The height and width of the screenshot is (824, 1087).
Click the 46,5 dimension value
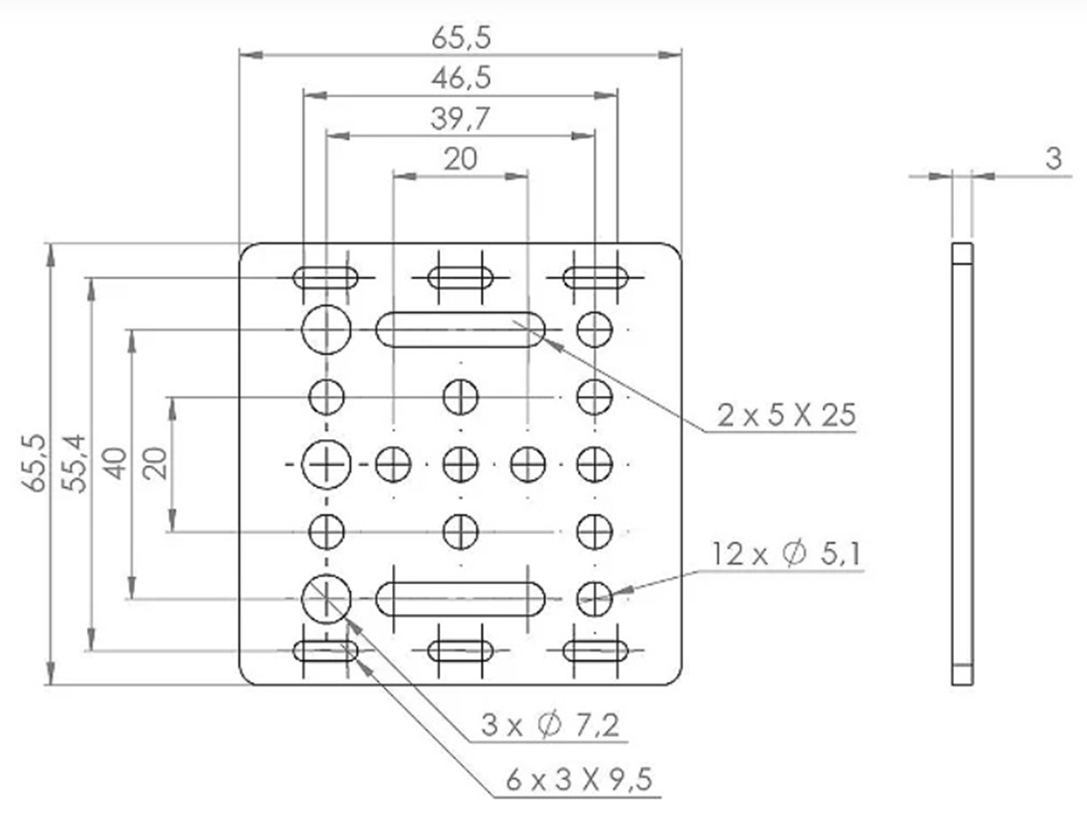click(460, 78)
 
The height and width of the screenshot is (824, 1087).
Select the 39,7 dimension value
click(460, 118)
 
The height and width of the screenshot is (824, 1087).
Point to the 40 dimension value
click(116, 463)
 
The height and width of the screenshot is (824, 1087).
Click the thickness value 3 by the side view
click(1053, 158)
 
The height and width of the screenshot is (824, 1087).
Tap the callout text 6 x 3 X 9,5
click(580, 781)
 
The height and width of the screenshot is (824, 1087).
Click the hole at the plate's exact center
click(460, 464)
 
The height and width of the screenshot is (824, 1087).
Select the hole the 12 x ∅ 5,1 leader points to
click(594, 598)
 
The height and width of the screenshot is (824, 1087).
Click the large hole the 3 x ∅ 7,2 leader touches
click(326, 598)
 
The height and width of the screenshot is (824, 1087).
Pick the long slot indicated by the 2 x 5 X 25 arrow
click(460, 330)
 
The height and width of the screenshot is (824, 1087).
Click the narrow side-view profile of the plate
click(962, 464)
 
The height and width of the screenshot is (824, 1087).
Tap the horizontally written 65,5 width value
click(460, 38)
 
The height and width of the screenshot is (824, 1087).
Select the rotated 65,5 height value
click(36, 463)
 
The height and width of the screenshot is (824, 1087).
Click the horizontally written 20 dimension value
click(460, 158)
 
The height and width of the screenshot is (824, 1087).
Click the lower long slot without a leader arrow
click(460, 599)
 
